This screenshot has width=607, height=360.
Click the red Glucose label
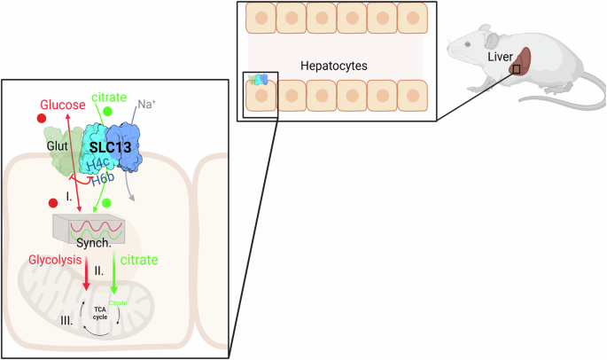[62, 106]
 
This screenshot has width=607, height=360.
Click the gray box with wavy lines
[93, 225]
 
